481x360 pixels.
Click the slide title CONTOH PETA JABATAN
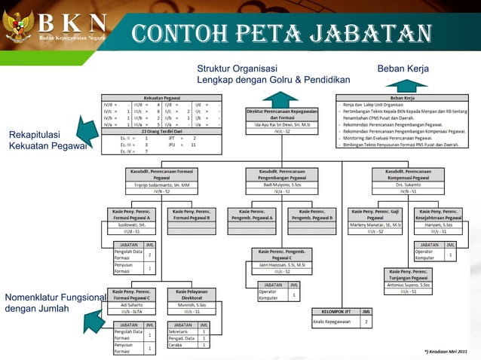click(280, 33)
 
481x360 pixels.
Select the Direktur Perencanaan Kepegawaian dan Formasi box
click(281, 114)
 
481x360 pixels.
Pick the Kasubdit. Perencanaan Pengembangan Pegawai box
click(281, 175)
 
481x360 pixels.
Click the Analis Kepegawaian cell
click(332, 322)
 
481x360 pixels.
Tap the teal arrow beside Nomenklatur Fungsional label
click(93, 321)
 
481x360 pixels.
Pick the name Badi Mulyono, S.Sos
click(281, 185)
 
